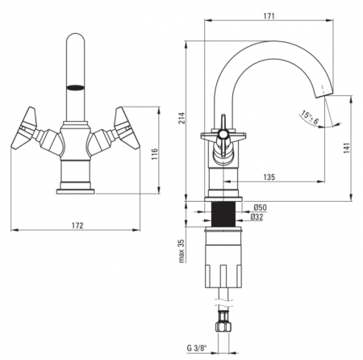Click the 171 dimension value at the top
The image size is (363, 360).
pyautogui.click(x=269, y=16)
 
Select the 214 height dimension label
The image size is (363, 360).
pyautogui.click(x=182, y=118)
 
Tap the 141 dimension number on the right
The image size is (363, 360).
pyautogui.click(x=347, y=149)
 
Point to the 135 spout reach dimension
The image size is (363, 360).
pyautogui.click(x=269, y=177)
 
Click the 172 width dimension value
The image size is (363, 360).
pyautogui.click(x=77, y=225)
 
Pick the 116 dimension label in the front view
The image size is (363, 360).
pyautogui.click(x=154, y=154)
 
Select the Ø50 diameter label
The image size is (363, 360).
pyautogui.click(x=260, y=207)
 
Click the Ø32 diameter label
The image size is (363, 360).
pyautogui.click(x=257, y=217)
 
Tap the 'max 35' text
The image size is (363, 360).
pyautogui.click(x=181, y=251)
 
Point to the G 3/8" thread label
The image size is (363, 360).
pyautogui.click(x=197, y=348)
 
